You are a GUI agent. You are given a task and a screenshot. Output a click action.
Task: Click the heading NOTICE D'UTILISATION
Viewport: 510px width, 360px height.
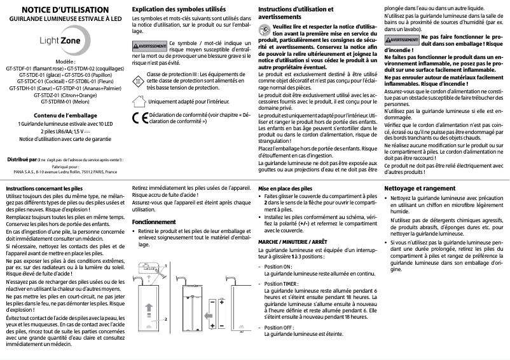(62, 10)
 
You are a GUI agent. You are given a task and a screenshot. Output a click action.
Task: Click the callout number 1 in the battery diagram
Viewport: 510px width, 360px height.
(166, 265)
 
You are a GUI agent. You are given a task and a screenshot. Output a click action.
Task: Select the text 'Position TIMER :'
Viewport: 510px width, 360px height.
(282, 283)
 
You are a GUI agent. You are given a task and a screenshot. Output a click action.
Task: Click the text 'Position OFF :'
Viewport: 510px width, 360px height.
(279, 327)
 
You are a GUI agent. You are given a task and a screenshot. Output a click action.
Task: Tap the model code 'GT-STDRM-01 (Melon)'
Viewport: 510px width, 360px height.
(62, 100)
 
